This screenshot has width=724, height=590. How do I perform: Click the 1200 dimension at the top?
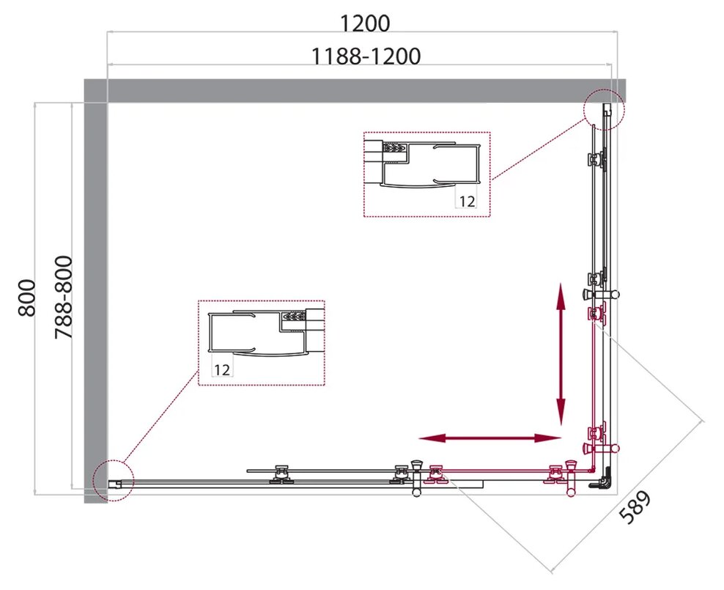(364, 23)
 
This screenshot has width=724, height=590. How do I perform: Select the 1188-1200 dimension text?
(366, 56)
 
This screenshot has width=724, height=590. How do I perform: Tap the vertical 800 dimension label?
(27, 298)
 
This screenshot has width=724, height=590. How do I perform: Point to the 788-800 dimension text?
(64, 298)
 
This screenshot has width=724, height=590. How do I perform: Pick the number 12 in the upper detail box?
(467, 202)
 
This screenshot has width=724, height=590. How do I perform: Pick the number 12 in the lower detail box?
(221, 370)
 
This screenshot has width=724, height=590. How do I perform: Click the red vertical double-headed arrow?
(561, 354)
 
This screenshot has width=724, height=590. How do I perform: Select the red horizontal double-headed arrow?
(490, 438)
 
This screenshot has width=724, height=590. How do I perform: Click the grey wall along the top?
(355, 90)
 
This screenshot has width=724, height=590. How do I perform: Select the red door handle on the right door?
(601, 448)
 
